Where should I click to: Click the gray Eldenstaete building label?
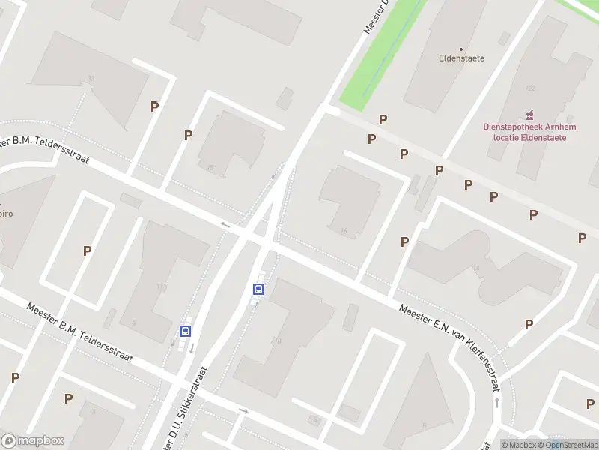click(x=461, y=58)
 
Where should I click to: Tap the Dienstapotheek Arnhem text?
click(x=529, y=127)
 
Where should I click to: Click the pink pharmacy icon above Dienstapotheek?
click(x=530, y=115)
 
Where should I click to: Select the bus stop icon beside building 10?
click(x=259, y=289)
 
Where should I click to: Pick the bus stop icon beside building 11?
click(x=185, y=331)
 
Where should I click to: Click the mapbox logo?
click(x=33, y=441)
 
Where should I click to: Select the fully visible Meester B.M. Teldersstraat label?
click(x=79, y=333)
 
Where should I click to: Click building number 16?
click(x=344, y=231)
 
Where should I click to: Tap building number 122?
click(x=531, y=88)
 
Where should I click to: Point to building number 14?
click(x=475, y=268)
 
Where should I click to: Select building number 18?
click(x=210, y=167)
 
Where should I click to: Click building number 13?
click(x=91, y=79)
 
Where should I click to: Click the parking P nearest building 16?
click(x=404, y=241)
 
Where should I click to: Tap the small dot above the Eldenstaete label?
click(x=461, y=49)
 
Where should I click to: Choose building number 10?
click(x=278, y=340)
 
